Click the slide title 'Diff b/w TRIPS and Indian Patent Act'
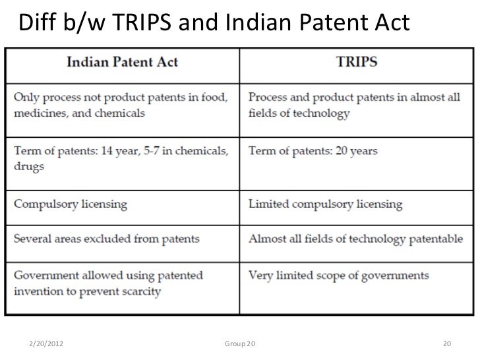(214, 24)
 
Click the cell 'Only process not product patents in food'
(121, 104)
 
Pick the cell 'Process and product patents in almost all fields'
(357, 104)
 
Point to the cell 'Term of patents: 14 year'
(121, 158)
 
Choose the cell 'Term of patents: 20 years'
(313, 151)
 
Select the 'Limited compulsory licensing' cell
(325, 204)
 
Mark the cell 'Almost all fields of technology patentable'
(355, 239)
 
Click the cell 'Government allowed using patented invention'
(109, 283)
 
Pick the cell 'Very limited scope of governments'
(338, 275)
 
